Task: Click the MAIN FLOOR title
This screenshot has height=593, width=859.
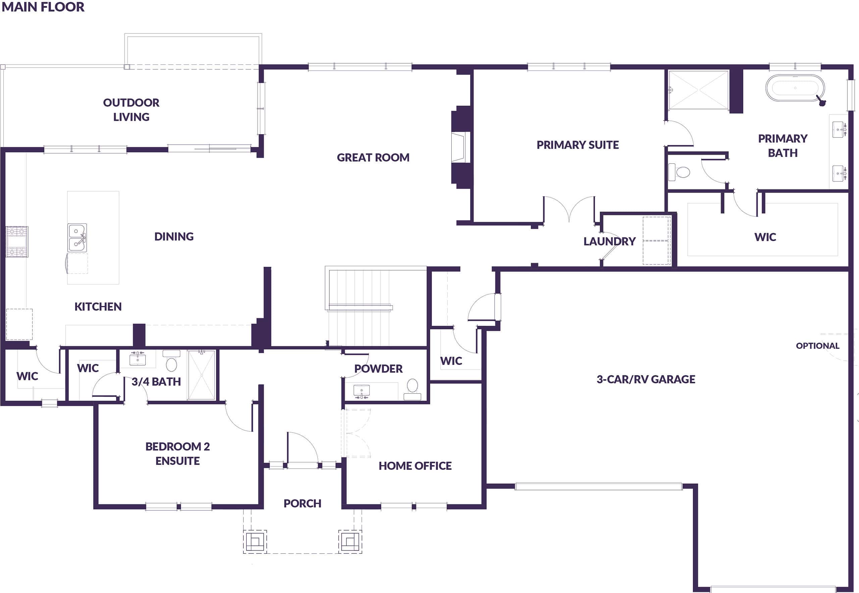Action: pos(43,7)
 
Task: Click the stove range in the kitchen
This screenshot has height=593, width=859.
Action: pos(17,242)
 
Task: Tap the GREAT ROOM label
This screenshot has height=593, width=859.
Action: pos(373,157)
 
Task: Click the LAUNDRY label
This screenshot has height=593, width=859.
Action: pos(609,242)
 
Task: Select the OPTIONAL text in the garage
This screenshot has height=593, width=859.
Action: pos(817,346)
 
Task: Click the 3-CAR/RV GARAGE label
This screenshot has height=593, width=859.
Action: pos(646,379)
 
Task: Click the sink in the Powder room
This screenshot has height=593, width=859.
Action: pos(361,391)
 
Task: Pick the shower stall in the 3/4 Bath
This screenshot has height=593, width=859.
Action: pos(201,375)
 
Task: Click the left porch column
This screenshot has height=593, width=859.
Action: pos(255,541)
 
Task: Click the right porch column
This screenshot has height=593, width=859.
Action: pos(350,541)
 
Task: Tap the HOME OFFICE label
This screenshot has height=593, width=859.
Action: pos(415,466)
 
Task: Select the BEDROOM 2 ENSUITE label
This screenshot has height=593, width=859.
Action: pos(178,454)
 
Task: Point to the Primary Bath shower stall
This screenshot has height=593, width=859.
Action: pos(698,90)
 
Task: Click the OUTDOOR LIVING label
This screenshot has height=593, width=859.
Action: pos(131,110)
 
